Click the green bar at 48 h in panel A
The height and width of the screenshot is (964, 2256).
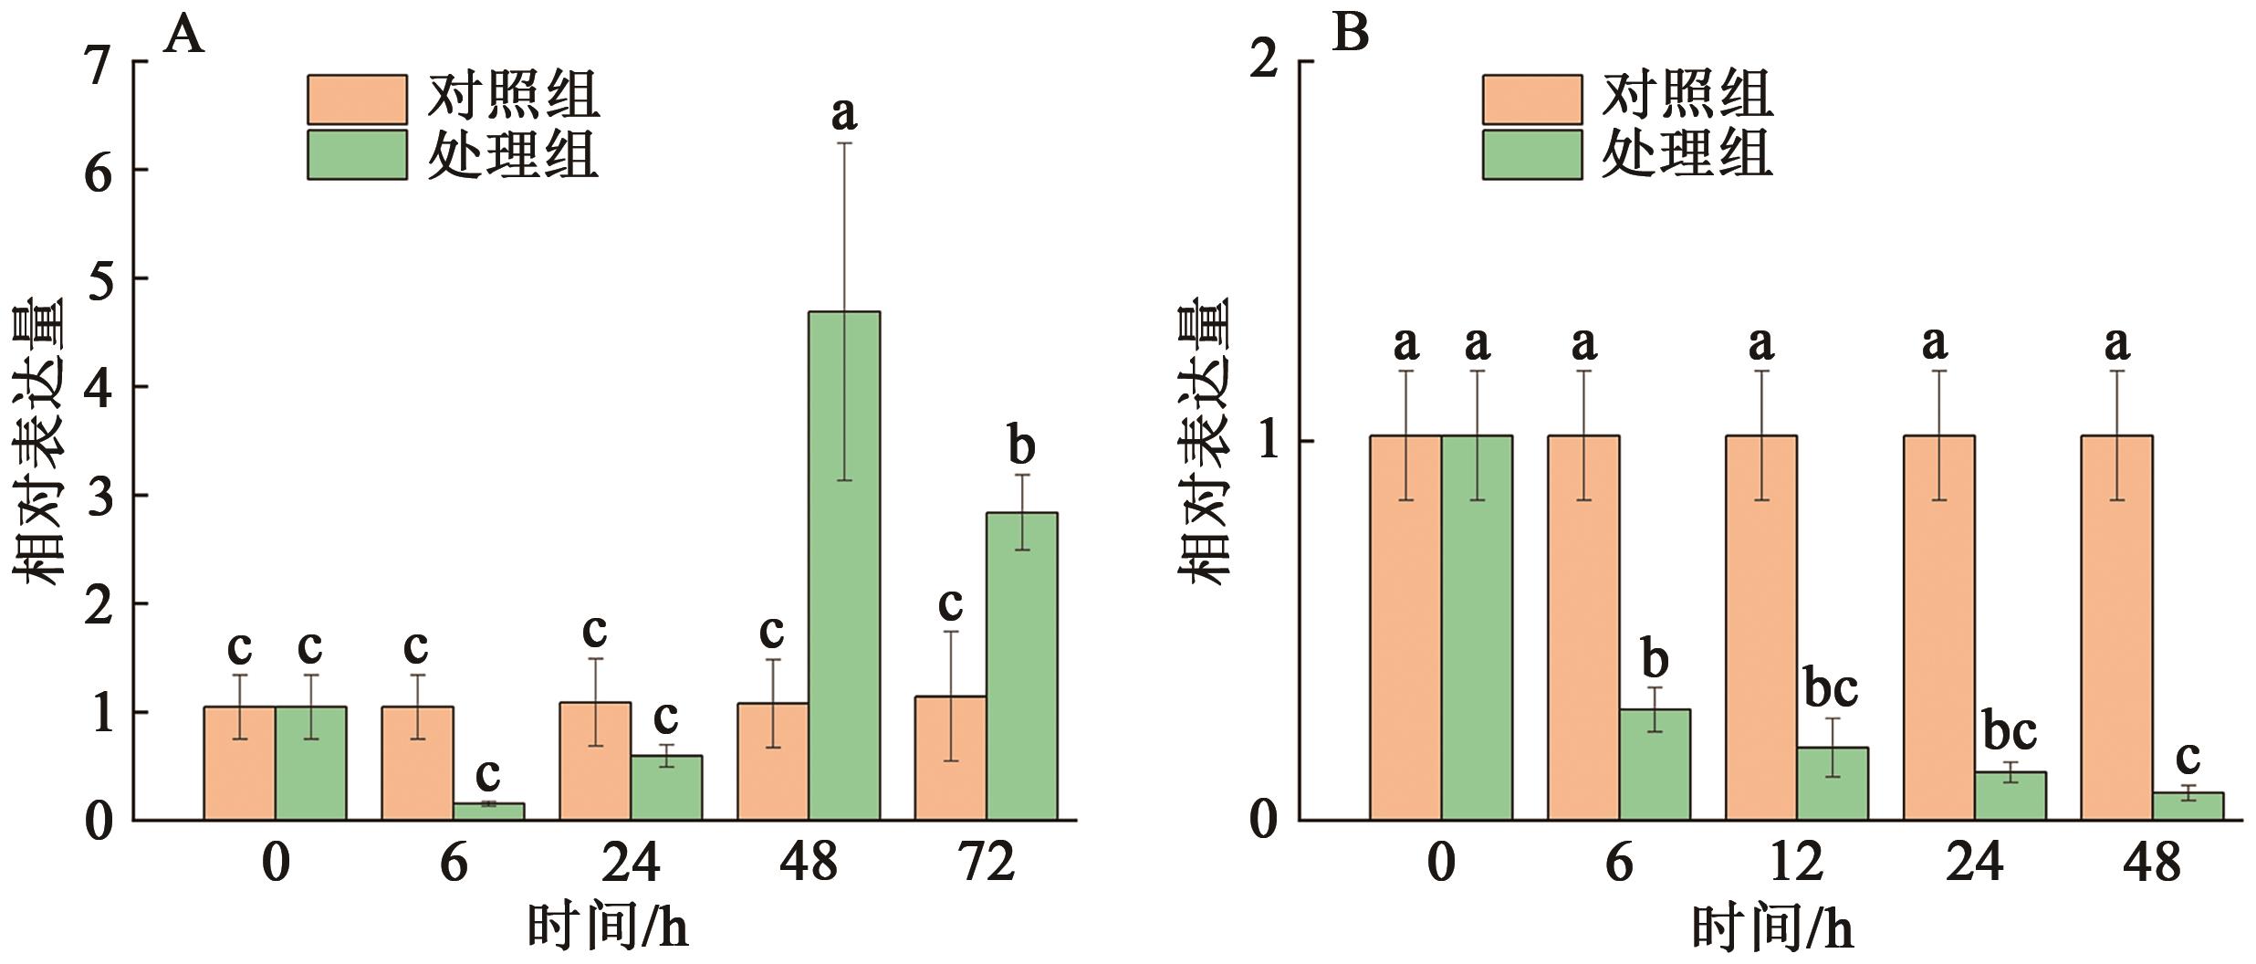(844, 566)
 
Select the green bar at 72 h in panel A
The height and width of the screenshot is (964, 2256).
(1021, 666)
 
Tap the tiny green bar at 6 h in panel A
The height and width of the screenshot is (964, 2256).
(488, 811)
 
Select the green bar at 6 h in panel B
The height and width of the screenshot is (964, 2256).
(1655, 764)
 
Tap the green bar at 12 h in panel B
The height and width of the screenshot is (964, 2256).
(1833, 783)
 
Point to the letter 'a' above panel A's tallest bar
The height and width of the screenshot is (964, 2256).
(843, 114)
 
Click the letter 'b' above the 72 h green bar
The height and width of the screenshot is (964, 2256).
(1021, 446)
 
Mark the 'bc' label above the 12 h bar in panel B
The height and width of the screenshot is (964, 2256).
(1831, 688)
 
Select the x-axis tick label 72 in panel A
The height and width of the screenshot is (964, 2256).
(987, 862)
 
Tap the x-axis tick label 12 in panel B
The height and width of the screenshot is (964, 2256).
(1796, 862)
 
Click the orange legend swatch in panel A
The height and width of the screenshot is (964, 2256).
(357, 100)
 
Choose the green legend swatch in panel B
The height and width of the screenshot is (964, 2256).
(1531, 154)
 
